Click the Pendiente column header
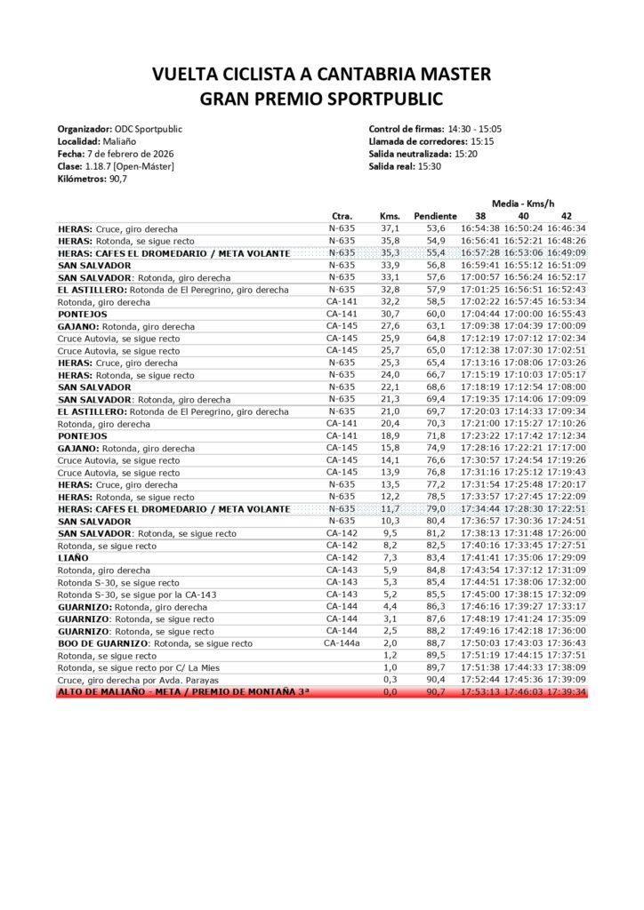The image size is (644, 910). (436, 216)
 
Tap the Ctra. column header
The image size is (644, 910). (342, 216)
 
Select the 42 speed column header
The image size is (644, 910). (566, 216)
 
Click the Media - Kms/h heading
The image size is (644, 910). (523, 204)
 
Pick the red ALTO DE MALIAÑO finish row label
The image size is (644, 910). (183, 690)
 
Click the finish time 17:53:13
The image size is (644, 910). (481, 690)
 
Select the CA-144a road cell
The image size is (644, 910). (342, 642)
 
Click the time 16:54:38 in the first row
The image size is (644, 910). (481, 228)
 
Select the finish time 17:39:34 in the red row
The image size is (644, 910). (566, 690)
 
